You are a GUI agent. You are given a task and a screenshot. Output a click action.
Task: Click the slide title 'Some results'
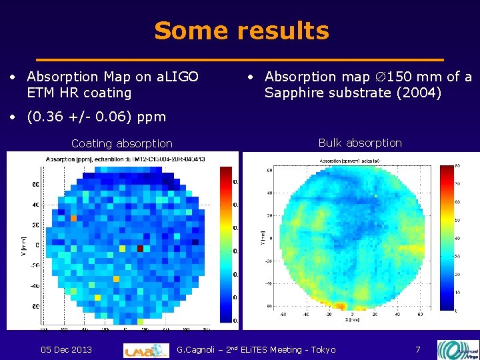pyautogui.click(x=241, y=31)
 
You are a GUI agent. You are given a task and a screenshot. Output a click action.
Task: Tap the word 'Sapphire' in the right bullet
pyautogui.click(x=294, y=93)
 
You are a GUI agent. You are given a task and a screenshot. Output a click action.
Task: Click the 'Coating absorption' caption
pyautogui.click(x=121, y=143)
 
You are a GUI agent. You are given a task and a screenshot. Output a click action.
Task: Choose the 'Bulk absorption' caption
pyautogui.click(x=360, y=143)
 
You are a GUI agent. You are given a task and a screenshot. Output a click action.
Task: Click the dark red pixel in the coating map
pyautogui.click(x=140, y=248)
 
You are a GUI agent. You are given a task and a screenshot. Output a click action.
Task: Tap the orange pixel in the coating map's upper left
pyautogui.click(x=74, y=218)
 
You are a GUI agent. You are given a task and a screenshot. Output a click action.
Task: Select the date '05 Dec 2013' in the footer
pyautogui.click(x=66, y=350)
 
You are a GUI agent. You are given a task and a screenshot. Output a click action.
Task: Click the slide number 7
pyautogui.click(x=417, y=350)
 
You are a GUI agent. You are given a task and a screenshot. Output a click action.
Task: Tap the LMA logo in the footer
pyautogui.click(x=146, y=350)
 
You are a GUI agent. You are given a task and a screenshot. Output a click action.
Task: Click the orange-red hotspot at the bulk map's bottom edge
pyautogui.click(x=340, y=306)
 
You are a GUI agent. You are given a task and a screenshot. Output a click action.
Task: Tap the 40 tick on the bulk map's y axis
pyautogui.click(x=269, y=193)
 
